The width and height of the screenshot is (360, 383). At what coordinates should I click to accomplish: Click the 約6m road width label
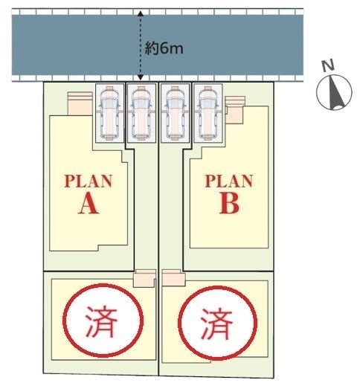pyautogui.click(x=164, y=48)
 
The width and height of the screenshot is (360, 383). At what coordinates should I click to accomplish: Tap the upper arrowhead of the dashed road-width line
pyautogui.click(x=141, y=13)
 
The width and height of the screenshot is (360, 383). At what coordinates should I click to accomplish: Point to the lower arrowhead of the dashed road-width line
pyautogui.click(x=141, y=77)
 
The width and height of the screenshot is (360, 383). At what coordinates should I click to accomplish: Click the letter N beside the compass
pyautogui.click(x=328, y=66)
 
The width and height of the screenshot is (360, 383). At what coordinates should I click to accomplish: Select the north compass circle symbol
pyautogui.click(x=334, y=92)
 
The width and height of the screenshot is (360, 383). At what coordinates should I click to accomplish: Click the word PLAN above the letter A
pyautogui.click(x=89, y=181)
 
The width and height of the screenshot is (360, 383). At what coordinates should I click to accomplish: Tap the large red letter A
pyautogui.click(x=89, y=204)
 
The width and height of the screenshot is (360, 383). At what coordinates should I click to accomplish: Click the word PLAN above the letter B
pyautogui.click(x=228, y=181)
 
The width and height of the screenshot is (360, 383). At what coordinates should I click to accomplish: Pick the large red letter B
pyautogui.click(x=229, y=204)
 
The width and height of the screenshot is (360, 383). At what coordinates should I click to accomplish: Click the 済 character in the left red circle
pyautogui.click(x=101, y=321)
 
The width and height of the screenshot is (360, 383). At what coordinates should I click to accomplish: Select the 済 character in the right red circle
pyautogui.click(x=217, y=324)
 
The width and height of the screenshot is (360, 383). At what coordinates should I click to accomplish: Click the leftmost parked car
pyautogui.click(x=109, y=113)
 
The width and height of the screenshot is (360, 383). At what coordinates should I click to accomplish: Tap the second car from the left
pyautogui.click(x=141, y=113)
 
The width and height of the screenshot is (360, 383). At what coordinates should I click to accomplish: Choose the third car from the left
pyautogui.click(x=175, y=113)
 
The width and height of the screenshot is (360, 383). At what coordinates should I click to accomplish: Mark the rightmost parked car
pyautogui.click(x=208, y=113)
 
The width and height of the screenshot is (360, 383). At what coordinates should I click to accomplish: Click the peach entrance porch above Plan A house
pyautogui.click(x=80, y=103)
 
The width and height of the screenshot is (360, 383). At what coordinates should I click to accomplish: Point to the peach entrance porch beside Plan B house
pyautogui.click(x=235, y=110)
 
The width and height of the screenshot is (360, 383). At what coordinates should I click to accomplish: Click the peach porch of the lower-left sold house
pyautogui.click(x=144, y=278)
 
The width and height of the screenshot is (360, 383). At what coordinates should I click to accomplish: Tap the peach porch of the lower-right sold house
pyautogui.click(x=173, y=277)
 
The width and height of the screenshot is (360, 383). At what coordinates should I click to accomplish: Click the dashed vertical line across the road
pyautogui.click(x=141, y=45)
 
